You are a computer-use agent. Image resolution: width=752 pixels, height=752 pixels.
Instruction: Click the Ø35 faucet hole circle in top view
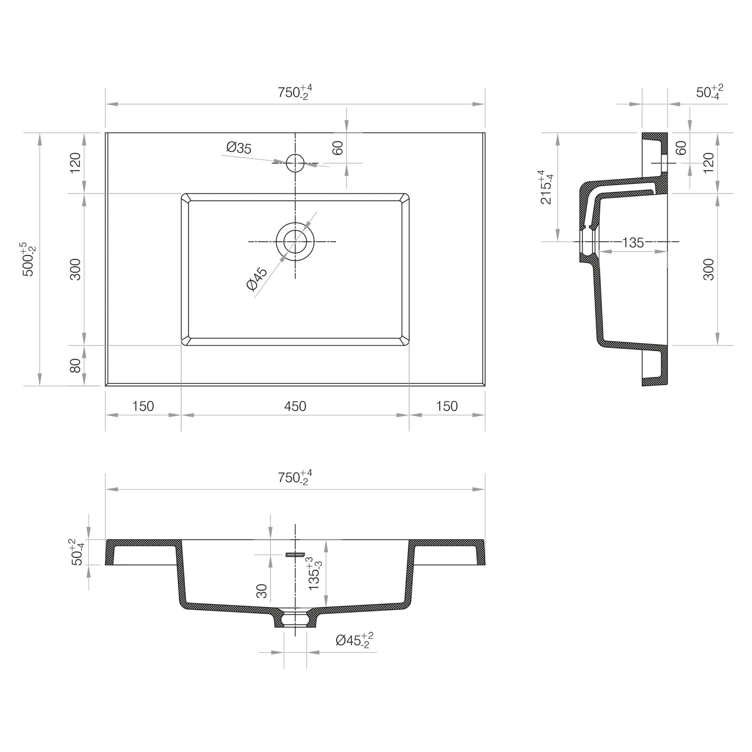(295, 163)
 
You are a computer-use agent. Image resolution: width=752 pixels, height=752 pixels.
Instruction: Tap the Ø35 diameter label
(239, 148)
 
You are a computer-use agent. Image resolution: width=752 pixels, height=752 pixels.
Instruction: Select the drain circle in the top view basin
(295, 241)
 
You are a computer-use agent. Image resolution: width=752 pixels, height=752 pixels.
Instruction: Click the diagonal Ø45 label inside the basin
(257, 279)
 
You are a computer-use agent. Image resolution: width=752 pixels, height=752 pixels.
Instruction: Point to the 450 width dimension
(295, 406)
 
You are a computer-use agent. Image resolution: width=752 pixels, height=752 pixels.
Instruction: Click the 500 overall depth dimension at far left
(30, 259)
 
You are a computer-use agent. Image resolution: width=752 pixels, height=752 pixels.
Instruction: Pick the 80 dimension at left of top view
(75, 365)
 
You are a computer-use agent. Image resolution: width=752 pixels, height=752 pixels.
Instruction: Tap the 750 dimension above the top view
(294, 92)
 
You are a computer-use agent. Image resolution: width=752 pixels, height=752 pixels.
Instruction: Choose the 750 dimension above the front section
(294, 478)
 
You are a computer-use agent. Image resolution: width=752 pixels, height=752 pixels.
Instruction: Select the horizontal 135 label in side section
(633, 242)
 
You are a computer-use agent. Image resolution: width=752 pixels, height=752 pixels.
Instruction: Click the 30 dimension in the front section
(262, 591)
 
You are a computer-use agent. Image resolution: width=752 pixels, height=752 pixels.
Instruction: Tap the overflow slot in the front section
(295, 554)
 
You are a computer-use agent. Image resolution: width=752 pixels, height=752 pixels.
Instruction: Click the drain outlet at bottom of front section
(295, 619)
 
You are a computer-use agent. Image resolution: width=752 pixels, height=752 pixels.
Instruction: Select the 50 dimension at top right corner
(709, 92)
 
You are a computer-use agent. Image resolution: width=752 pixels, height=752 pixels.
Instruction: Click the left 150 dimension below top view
(143, 406)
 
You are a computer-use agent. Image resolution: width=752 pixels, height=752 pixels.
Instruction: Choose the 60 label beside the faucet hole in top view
(338, 148)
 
